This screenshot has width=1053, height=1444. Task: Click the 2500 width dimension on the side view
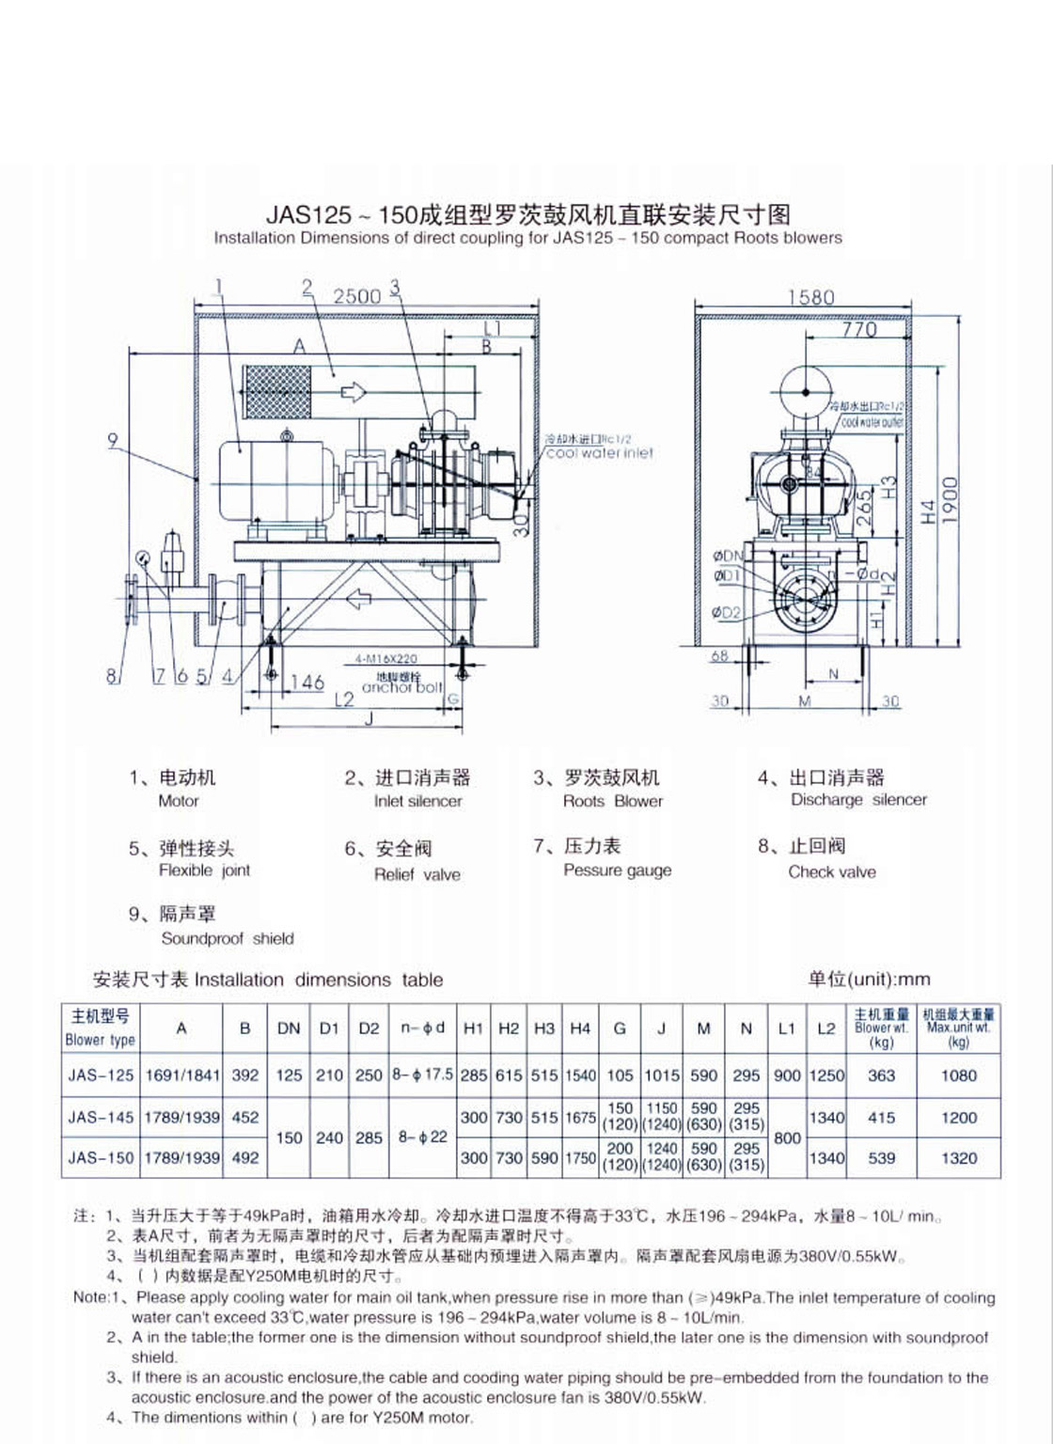click(357, 296)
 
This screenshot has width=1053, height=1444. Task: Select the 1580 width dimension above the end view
click(810, 297)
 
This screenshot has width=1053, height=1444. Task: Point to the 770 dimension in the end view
click(858, 329)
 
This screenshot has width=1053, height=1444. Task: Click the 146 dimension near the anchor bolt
click(306, 683)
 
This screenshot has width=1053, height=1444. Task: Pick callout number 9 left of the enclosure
click(113, 439)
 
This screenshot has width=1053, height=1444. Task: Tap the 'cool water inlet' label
click(600, 452)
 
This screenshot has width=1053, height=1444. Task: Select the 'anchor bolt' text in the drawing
click(401, 687)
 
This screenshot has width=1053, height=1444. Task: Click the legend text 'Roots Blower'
click(613, 801)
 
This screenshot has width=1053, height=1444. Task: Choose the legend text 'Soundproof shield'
click(228, 938)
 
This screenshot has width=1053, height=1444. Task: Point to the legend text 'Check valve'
click(832, 871)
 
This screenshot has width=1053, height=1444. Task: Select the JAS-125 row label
click(101, 1075)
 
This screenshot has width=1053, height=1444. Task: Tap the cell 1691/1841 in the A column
click(182, 1075)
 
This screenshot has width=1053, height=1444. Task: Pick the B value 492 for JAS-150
click(245, 1158)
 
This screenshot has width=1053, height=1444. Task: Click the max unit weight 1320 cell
click(959, 1158)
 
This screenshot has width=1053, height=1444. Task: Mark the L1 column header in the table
click(786, 1028)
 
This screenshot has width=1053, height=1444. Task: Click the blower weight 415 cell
click(881, 1118)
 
